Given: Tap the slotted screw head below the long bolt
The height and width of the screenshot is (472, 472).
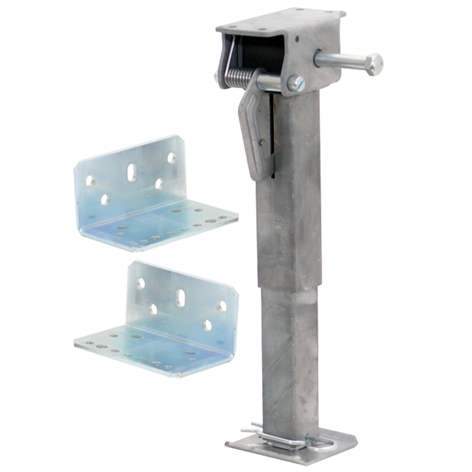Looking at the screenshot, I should [296, 84].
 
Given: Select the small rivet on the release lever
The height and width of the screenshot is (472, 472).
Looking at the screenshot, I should [261, 142].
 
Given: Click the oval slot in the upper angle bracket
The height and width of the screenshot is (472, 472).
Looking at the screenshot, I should [132, 173].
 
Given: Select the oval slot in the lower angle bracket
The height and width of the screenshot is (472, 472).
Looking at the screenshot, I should [180, 298].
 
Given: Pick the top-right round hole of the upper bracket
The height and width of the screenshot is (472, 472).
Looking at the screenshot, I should [171, 157].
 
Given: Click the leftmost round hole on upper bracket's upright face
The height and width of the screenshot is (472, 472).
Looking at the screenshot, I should [90, 181].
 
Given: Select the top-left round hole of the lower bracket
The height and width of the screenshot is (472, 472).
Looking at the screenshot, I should [141, 283].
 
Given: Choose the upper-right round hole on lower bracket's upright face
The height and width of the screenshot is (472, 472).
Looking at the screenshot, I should [222, 306].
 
